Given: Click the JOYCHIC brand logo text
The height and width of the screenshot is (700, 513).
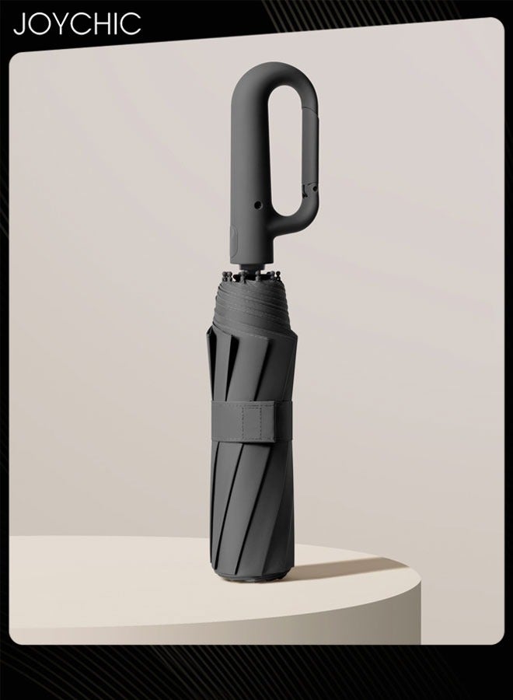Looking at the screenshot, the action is [x=77, y=23].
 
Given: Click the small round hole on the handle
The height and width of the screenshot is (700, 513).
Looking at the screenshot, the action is [x=257, y=205].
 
